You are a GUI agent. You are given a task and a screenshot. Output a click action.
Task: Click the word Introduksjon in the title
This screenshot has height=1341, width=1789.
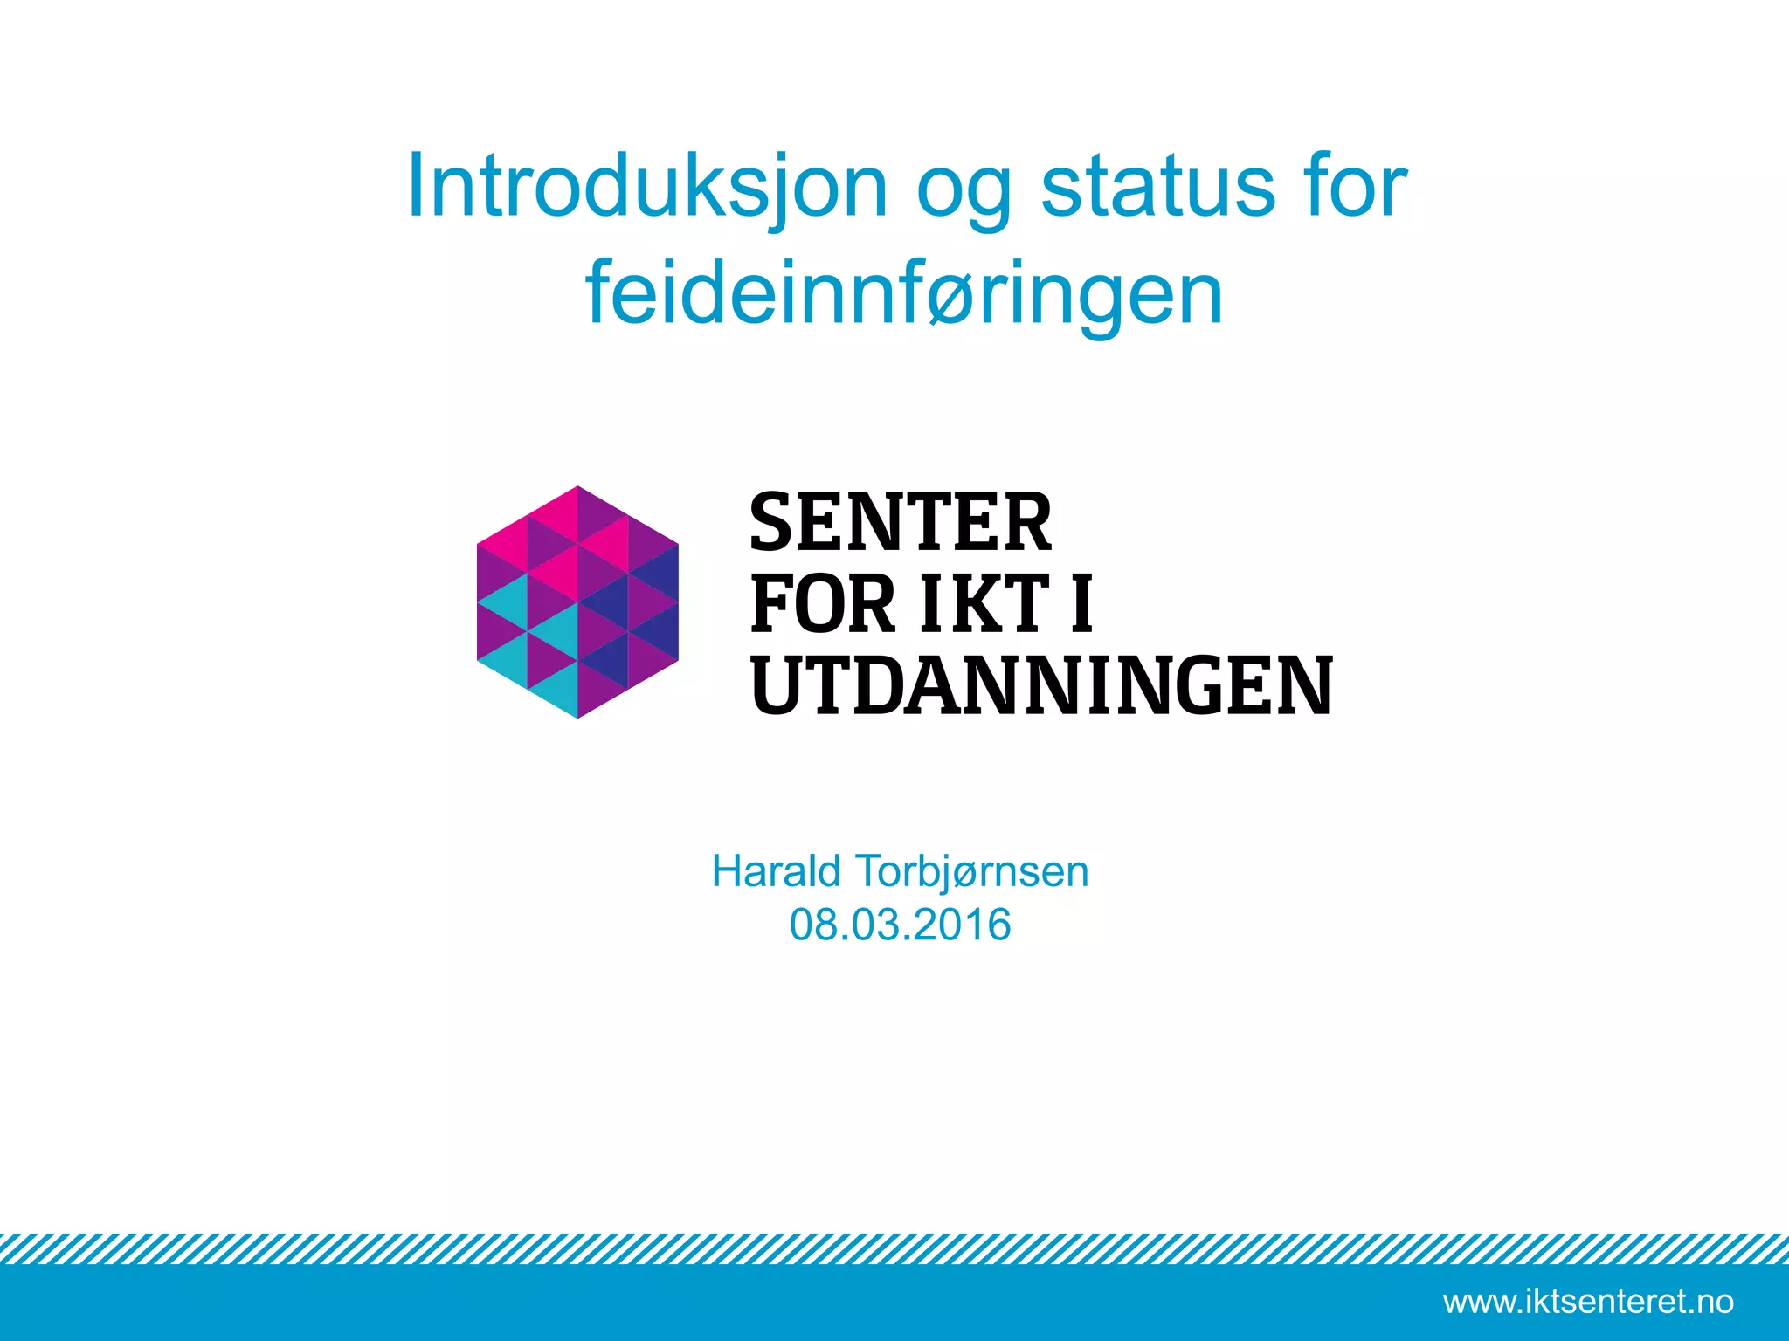point(647,187)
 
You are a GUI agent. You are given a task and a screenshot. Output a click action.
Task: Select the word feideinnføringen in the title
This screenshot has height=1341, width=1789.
point(904,294)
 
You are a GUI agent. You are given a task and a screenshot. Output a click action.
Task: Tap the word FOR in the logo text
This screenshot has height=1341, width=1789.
point(823,604)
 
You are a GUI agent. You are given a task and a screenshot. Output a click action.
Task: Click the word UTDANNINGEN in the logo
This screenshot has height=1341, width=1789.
point(1041,686)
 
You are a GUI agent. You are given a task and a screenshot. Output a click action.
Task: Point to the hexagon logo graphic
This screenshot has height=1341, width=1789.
point(577,602)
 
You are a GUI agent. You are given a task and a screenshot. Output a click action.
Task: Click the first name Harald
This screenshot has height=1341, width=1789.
point(776,871)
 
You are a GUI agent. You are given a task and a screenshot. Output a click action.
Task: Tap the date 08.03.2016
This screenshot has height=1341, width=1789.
point(900,925)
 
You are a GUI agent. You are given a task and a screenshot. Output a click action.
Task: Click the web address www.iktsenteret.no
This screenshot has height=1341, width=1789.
point(1588,1302)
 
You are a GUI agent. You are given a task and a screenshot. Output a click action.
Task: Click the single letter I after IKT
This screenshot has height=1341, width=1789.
point(1081,604)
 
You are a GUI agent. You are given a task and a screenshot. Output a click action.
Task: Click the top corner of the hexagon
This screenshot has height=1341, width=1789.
point(577,488)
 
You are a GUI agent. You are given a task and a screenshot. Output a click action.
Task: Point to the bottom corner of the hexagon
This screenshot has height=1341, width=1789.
point(577,716)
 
